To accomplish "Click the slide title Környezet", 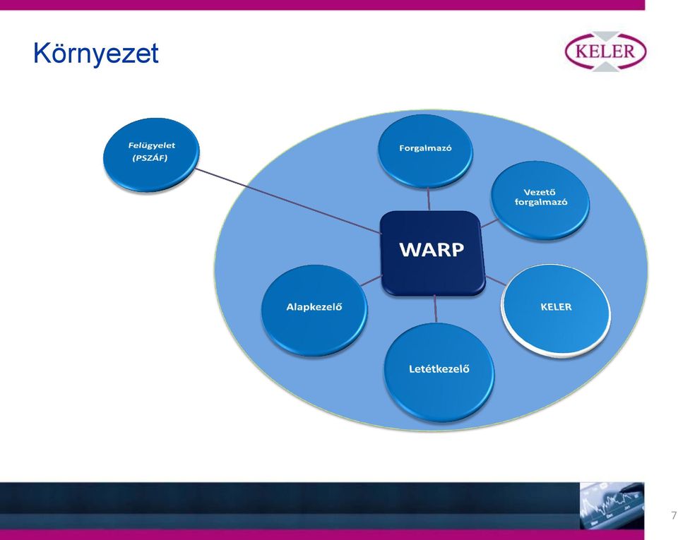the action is [x=95, y=54].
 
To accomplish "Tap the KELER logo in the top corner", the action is [x=606, y=52].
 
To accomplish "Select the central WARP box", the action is [x=432, y=253].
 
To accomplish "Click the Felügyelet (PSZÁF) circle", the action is [x=151, y=155].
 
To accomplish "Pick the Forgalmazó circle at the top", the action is [x=425, y=151].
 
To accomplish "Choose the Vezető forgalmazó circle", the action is [x=540, y=200].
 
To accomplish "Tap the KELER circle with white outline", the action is [x=556, y=310].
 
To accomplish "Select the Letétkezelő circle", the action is [x=439, y=372].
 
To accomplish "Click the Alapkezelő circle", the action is [x=314, y=310].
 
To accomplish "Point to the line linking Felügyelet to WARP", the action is [x=287, y=201].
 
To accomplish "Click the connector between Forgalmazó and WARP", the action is [x=429, y=199].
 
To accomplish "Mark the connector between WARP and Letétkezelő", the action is [x=436, y=309].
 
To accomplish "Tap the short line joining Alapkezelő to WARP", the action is [x=371, y=281].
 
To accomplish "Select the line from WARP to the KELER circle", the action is [x=496, y=280].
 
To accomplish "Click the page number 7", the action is [x=673, y=515].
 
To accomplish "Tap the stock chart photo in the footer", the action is [x=612, y=505].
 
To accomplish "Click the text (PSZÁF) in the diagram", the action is [x=150, y=157].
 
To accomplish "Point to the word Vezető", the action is [x=539, y=192].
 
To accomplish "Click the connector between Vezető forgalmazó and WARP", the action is [x=489, y=223].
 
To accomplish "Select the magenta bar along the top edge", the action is [x=322, y=5].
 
